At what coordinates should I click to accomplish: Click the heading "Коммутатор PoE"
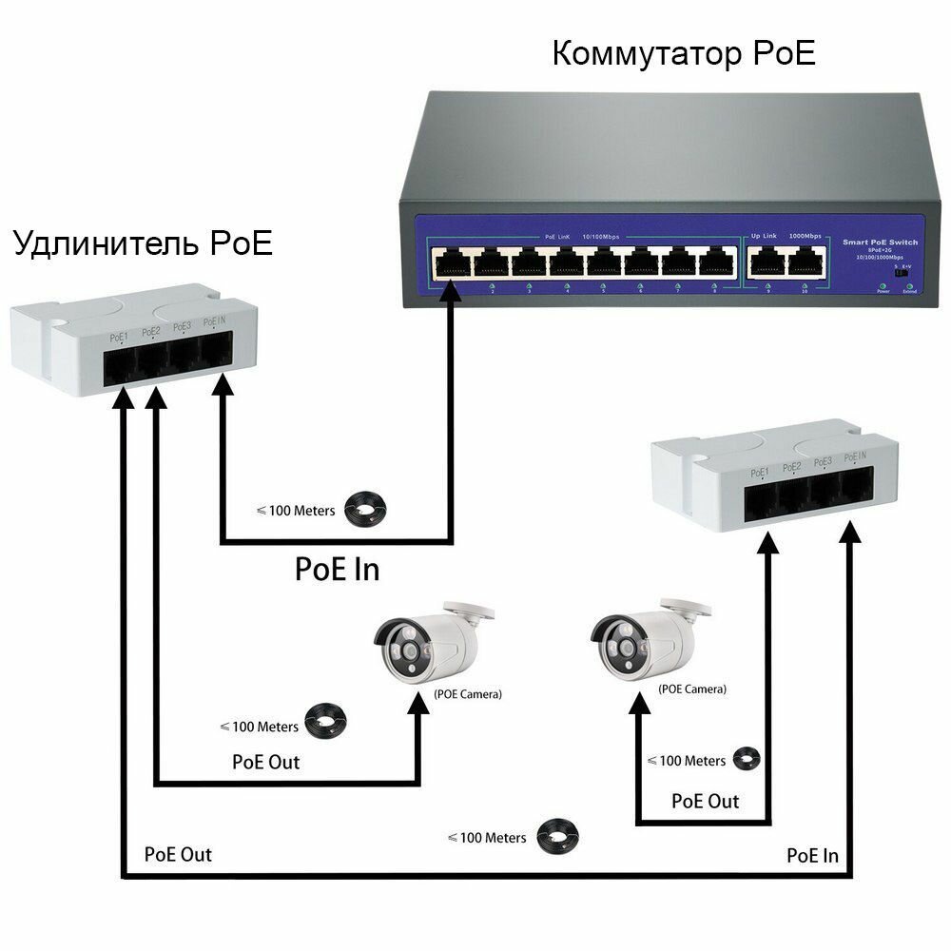684,53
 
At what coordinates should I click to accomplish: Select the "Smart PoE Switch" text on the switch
881,243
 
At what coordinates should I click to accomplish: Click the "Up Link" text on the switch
765,235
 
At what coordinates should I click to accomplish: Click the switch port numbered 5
603,260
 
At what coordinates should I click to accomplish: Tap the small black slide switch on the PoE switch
902,272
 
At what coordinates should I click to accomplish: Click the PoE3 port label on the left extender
183,327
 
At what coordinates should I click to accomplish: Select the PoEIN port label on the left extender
214,324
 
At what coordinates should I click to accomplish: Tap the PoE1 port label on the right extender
759,472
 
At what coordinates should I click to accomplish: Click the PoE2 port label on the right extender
791,467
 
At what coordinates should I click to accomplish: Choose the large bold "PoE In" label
337,569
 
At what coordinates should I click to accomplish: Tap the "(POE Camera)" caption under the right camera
691,689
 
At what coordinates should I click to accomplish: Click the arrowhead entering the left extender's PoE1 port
121,398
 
